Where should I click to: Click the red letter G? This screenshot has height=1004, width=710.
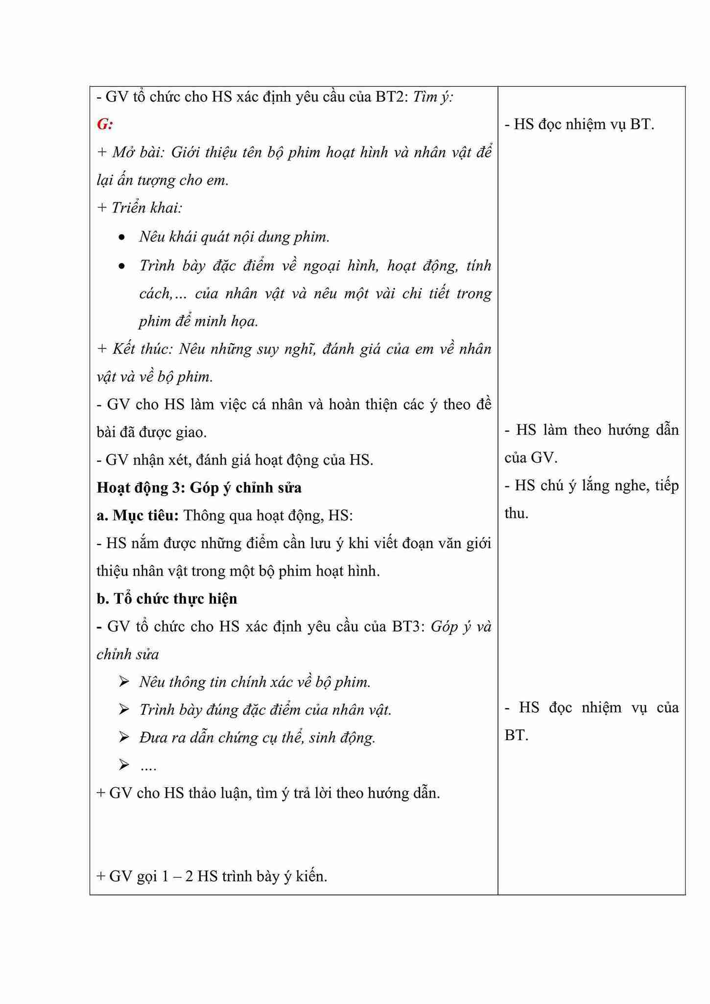(x=105, y=125)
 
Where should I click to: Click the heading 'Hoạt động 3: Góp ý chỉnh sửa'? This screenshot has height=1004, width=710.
(x=199, y=488)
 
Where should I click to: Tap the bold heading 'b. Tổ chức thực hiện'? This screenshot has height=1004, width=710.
(x=166, y=599)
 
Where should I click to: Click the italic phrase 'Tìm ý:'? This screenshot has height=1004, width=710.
(x=433, y=97)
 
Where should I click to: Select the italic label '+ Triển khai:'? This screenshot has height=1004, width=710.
(x=140, y=208)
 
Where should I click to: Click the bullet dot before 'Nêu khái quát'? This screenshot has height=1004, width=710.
(x=122, y=238)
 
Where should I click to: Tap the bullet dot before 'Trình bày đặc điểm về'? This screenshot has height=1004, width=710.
(x=122, y=266)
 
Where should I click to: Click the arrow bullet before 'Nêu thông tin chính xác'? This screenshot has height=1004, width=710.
(x=124, y=682)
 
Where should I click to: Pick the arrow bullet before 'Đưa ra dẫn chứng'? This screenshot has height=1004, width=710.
(x=124, y=737)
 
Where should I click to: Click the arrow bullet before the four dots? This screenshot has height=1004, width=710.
(x=124, y=765)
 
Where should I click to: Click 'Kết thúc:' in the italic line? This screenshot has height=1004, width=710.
(x=142, y=349)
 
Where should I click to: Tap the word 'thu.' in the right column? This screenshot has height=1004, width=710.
(x=517, y=514)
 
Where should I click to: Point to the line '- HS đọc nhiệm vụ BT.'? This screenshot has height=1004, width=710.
(x=579, y=124)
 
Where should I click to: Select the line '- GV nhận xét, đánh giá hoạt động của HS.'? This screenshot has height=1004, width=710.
(x=235, y=460)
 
